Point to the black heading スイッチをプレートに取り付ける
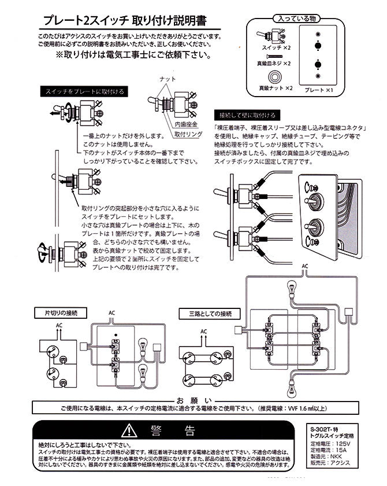(x=84, y=91)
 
